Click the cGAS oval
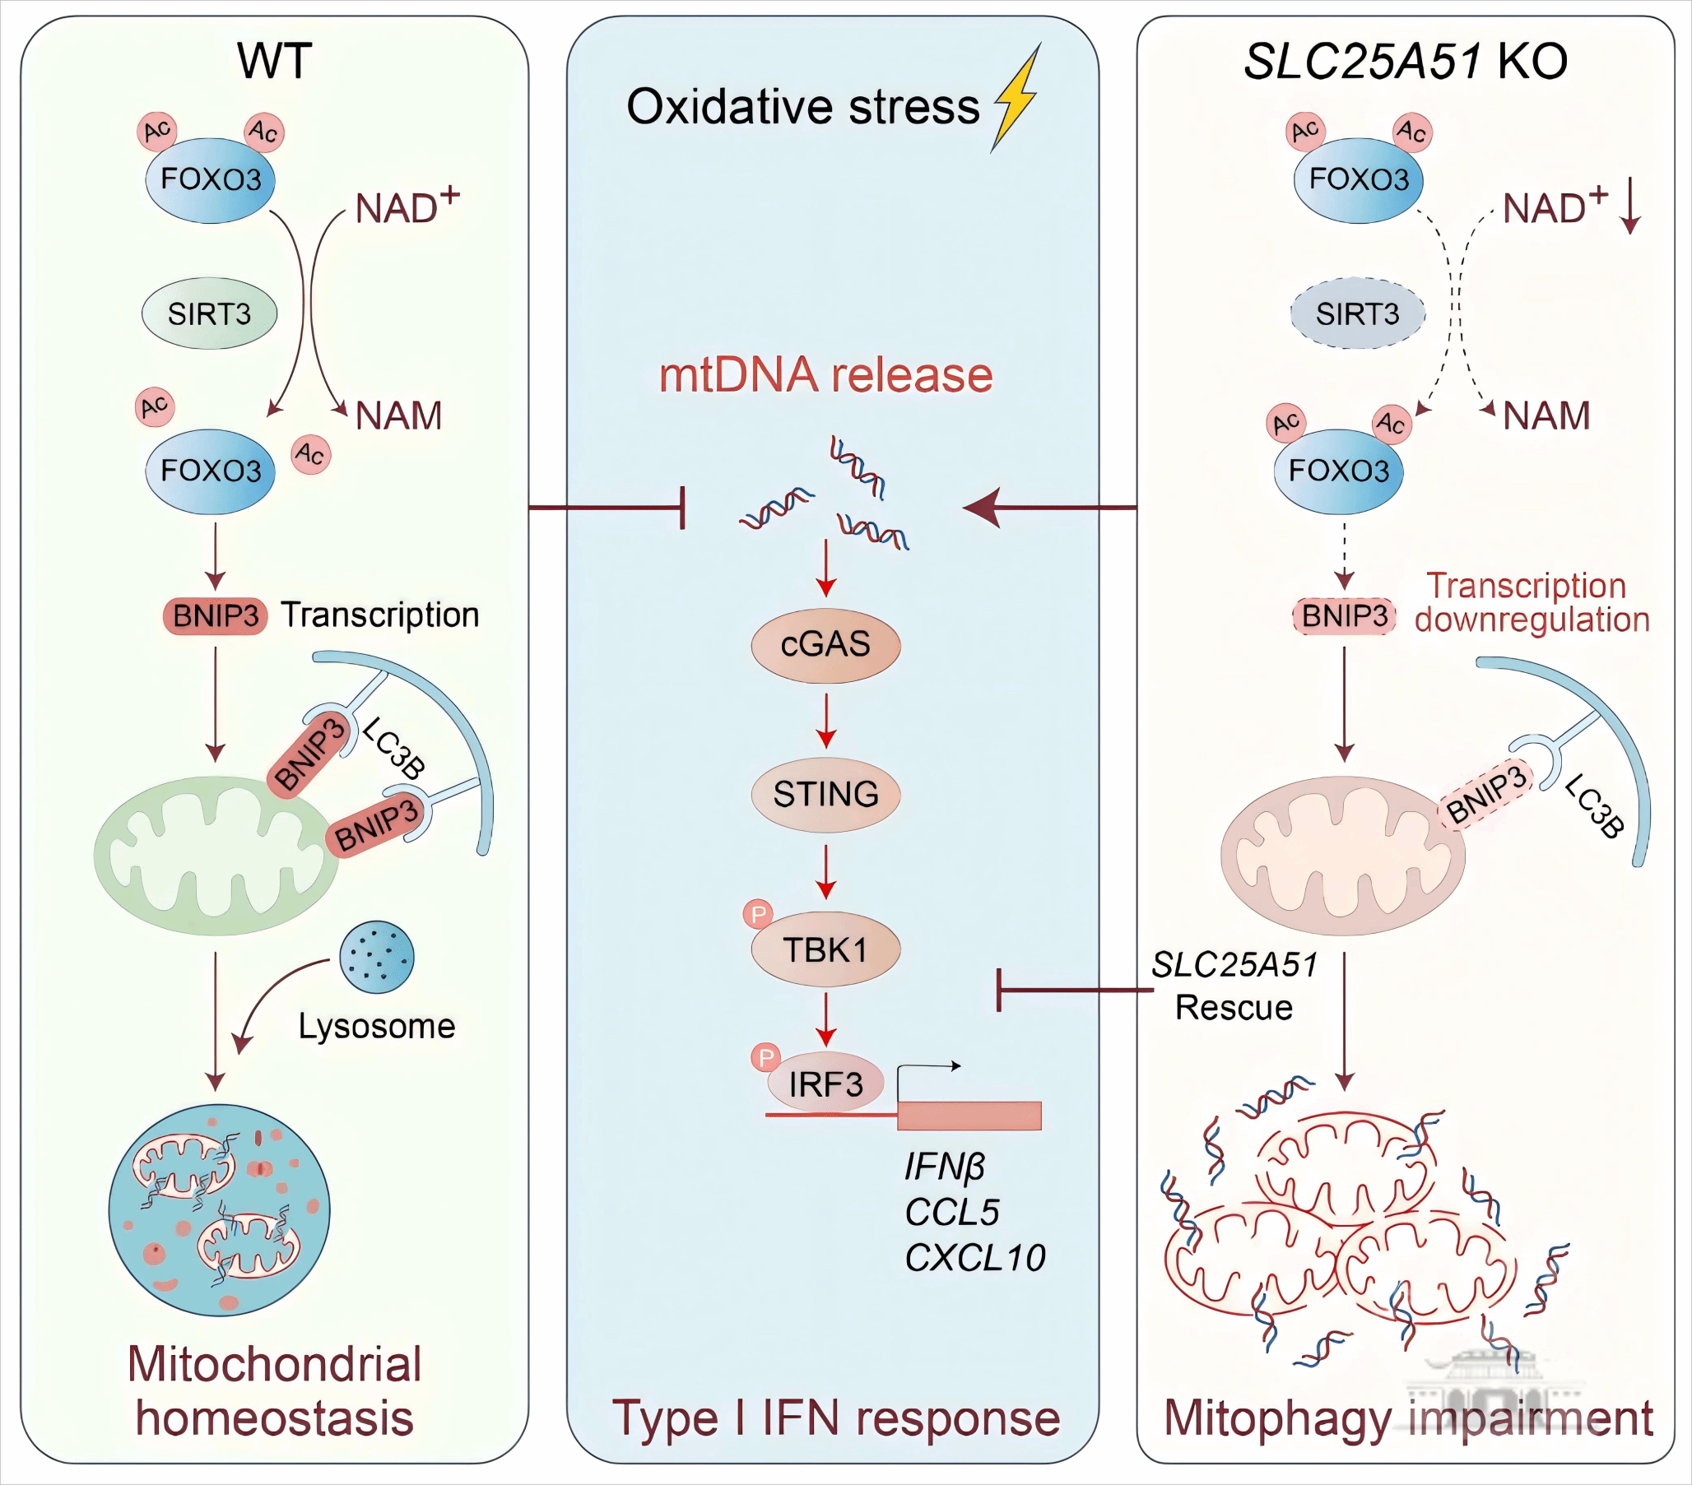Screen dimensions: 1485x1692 tap(825, 645)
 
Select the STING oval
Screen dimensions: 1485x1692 tap(825, 795)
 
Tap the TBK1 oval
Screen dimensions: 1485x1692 tap(825, 949)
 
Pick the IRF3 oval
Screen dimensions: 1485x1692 tap(825, 1084)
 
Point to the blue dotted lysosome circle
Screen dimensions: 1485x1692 tap(377, 957)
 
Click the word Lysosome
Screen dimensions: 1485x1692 tap(377, 1027)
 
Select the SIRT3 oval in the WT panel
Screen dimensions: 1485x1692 tap(209, 313)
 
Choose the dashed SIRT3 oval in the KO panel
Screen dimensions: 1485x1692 tap(1358, 313)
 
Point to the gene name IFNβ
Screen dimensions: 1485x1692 tap(945, 1167)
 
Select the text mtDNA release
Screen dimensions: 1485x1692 tap(825, 375)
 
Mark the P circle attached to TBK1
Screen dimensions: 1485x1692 tap(757, 915)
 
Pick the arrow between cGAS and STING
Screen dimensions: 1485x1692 tap(825, 720)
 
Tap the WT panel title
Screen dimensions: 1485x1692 tap(274, 60)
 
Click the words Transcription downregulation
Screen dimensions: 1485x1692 tap(1531, 602)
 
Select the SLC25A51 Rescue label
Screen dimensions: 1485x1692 tap(1234, 986)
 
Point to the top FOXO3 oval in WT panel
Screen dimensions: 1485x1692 tap(210, 179)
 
